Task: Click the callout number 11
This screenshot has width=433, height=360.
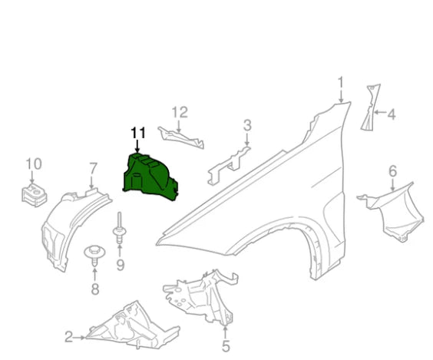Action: point(137,132)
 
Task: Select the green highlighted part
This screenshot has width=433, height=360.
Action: point(150,176)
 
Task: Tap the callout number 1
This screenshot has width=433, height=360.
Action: point(340,82)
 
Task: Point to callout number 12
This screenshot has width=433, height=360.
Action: point(179,112)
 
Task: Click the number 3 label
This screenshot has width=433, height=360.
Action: point(247,124)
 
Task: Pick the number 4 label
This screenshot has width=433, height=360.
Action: point(391,115)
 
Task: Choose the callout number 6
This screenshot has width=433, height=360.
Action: point(392,172)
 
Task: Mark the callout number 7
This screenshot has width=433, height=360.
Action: point(93,168)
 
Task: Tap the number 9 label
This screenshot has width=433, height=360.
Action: point(120,266)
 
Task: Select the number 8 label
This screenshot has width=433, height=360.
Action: point(94,289)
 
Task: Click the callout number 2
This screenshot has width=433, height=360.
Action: point(68,336)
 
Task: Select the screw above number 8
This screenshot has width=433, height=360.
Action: point(94,254)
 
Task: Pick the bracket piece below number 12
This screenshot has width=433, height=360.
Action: point(183,137)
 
